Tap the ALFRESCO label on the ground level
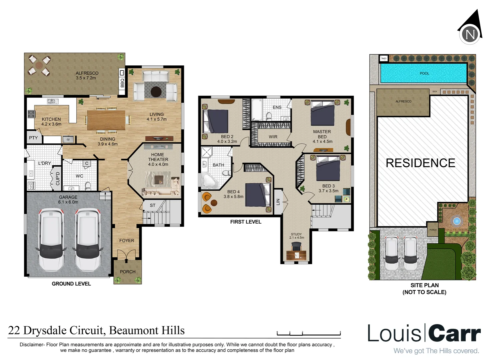pyautogui.click(x=87, y=75)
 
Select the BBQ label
pyautogui.click(x=122, y=82)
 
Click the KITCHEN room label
pyautogui.click(x=51, y=121)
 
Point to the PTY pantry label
pyautogui.click(x=33, y=138)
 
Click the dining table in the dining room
pyautogui.click(x=106, y=120)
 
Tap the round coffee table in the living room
pyautogui.click(x=156, y=91)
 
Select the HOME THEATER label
pyautogui.click(x=158, y=159)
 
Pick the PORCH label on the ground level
pyautogui.click(x=128, y=272)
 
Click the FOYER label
pyautogui.click(x=127, y=240)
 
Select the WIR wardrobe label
pyautogui.click(x=273, y=137)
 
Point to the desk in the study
pyautogui.click(x=296, y=255)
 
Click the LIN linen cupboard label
pyautogui.click(x=278, y=202)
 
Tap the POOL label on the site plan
pyautogui.click(x=424, y=73)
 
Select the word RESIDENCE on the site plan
pyautogui.click(x=420, y=163)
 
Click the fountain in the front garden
pyautogui.click(x=456, y=221)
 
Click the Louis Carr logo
pyautogui.click(x=424, y=333)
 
